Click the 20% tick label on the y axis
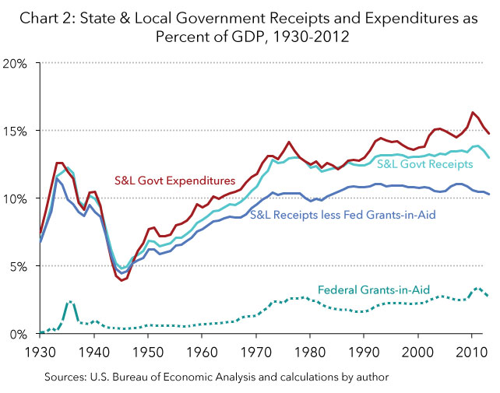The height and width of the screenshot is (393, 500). pyautogui.click(x=17, y=63)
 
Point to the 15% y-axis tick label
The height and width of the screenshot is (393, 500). pyautogui.click(x=17, y=131)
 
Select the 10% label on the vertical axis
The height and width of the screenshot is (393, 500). pyautogui.click(x=17, y=198)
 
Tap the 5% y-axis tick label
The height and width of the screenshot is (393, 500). pyautogui.click(x=20, y=266)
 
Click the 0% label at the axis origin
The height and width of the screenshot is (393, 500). pyautogui.click(x=20, y=334)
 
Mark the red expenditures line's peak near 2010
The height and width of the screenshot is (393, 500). pyautogui.click(x=473, y=113)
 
